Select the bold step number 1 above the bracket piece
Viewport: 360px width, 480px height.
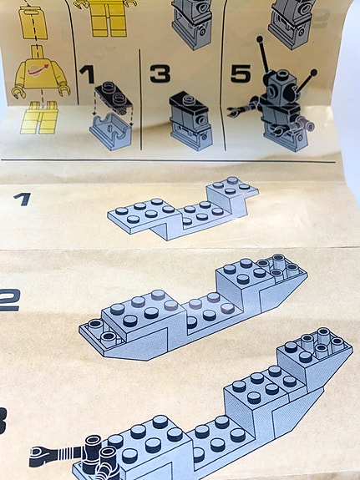coord(87,74)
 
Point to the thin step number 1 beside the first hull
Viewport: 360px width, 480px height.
coord(23,199)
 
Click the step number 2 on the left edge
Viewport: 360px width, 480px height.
coord(8,298)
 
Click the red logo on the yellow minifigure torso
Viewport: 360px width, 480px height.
coord(38,74)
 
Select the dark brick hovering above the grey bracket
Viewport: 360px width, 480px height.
coord(111,98)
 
